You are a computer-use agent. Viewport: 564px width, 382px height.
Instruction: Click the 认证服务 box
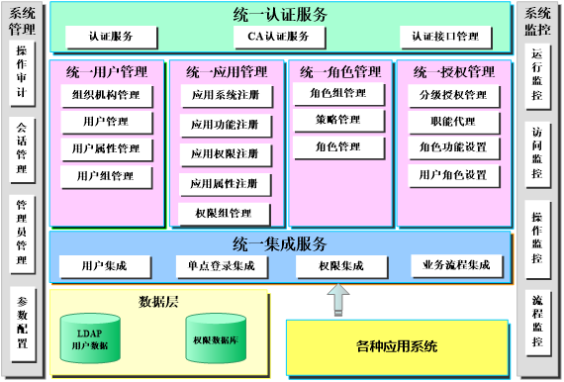pos(112,37)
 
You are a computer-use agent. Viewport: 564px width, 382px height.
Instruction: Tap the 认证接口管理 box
pos(445,37)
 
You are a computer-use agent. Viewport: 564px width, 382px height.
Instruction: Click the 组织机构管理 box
pos(106,96)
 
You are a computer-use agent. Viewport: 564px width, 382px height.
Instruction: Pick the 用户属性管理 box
pos(106,149)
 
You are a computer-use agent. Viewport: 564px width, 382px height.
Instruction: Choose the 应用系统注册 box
pos(226,96)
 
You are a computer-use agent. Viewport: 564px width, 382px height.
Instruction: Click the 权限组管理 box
pos(226,213)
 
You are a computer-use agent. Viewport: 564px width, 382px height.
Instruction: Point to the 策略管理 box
pos(337,120)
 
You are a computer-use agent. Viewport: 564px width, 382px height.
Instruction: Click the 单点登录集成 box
pos(221,265)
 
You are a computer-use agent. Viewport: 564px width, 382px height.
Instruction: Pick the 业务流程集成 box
pos(456,265)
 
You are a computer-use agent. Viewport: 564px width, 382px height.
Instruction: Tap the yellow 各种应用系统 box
pos(397,347)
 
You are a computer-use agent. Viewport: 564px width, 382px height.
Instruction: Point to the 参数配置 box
pos(23,322)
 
